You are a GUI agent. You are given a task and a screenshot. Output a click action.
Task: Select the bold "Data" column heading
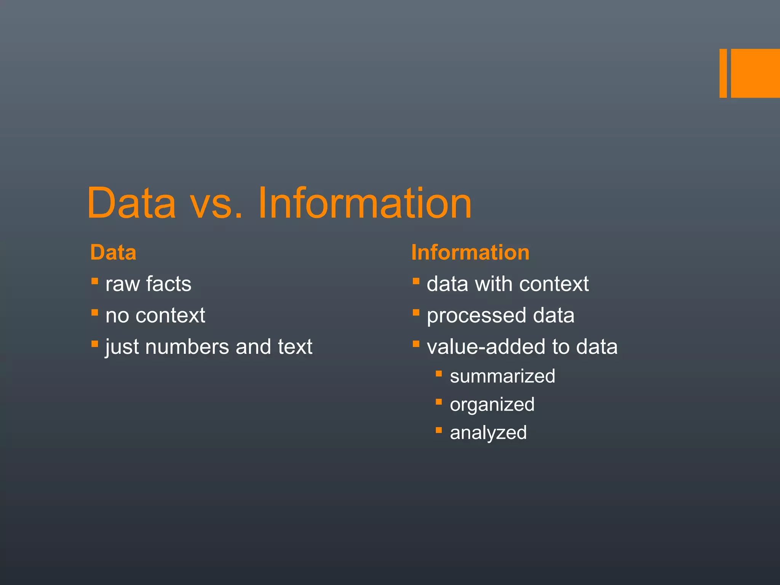[113, 253]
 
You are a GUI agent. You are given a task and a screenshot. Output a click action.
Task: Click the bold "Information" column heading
[470, 253]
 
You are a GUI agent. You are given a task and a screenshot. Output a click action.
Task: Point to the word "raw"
[122, 285]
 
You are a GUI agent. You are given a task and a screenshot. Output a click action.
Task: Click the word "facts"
[169, 284]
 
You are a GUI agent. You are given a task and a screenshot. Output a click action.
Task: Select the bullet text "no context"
[155, 315]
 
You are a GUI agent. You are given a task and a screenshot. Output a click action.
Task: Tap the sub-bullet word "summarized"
[502, 376]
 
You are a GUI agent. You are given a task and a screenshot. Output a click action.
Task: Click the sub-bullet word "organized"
[492, 405]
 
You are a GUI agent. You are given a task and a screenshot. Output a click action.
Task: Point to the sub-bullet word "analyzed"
[488, 433]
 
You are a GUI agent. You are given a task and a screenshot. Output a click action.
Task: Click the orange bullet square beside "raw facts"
[95, 281]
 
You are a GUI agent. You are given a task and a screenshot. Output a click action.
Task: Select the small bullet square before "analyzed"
[439, 430]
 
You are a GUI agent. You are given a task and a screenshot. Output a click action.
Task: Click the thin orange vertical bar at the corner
[723, 73]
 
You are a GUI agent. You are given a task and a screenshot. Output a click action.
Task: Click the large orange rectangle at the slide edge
[755, 73]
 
